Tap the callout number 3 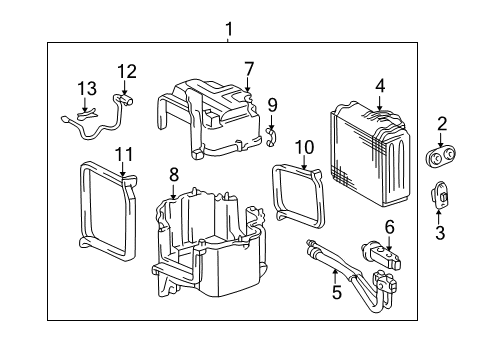coord(440,233)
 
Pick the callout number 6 coord(389,227)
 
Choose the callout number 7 coord(249,68)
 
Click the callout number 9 coord(271,103)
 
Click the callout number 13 coord(87,87)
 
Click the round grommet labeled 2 coord(441,156)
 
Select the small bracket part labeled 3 coord(439,197)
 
